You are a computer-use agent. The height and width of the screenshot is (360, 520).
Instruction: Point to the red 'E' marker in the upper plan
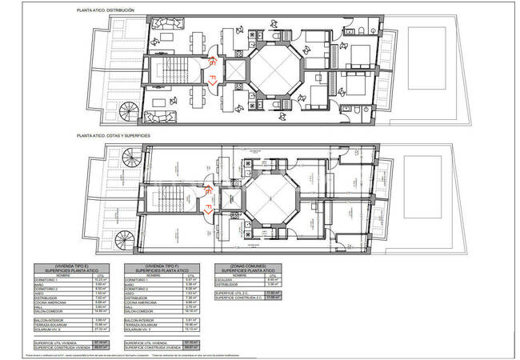pyautogui.click(x=213, y=61)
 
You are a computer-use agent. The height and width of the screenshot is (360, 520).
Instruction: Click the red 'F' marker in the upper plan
pyautogui.click(x=213, y=80)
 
